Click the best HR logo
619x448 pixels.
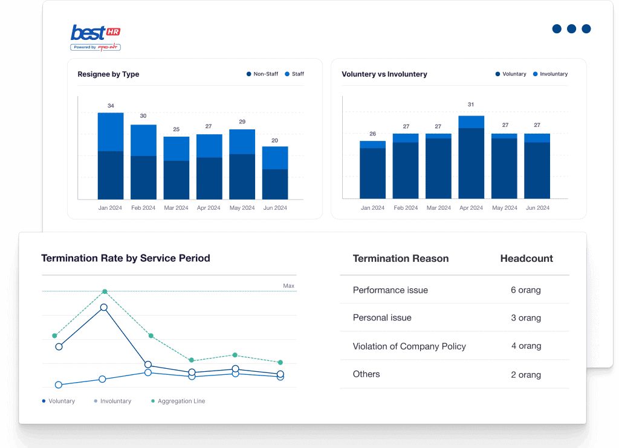tap(96, 37)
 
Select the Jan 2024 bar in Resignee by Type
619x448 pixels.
tap(111, 156)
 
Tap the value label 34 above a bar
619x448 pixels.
tap(111, 106)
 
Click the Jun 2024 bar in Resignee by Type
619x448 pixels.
tap(275, 173)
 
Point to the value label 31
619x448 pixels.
tap(471, 105)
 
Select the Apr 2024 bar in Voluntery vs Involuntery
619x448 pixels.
tap(471, 157)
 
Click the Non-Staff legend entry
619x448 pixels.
tap(262, 74)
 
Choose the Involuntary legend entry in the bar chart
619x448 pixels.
tap(550, 74)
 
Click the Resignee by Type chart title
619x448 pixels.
tap(108, 74)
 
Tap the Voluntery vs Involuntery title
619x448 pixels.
tap(384, 74)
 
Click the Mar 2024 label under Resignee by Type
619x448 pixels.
tap(176, 208)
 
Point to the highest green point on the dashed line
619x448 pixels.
tap(105, 291)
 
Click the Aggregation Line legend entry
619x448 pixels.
tap(178, 401)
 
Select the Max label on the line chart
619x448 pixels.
tap(288, 286)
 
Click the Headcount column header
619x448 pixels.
tap(527, 259)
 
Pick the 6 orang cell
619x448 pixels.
tap(525, 290)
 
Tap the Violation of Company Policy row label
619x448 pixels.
tap(409, 346)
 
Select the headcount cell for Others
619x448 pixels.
tap(525, 375)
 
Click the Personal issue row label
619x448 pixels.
tap(382, 318)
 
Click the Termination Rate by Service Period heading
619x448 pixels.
tap(126, 258)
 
